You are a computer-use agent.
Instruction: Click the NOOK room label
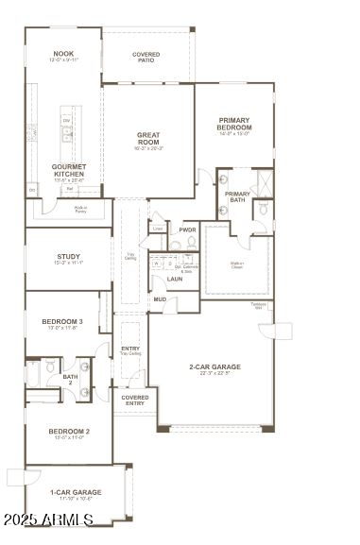(x=63, y=54)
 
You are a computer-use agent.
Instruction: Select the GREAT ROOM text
(x=148, y=139)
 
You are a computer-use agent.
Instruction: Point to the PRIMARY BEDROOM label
(x=234, y=123)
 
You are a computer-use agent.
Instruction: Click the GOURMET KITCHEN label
(x=69, y=170)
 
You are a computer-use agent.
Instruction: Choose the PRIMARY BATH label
(x=237, y=196)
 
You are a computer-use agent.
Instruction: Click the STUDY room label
(x=68, y=256)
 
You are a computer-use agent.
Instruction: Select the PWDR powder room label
(x=187, y=230)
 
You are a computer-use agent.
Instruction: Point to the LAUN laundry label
(x=175, y=279)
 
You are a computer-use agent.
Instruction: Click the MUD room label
(x=161, y=299)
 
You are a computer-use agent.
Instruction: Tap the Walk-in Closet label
(x=236, y=264)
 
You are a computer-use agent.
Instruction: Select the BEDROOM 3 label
(x=63, y=322)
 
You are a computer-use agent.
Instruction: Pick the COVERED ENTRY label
(x=135, y=400)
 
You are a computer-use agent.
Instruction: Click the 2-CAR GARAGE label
(x=214, y=366)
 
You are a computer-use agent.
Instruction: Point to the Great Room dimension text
(x=148, y=148)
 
